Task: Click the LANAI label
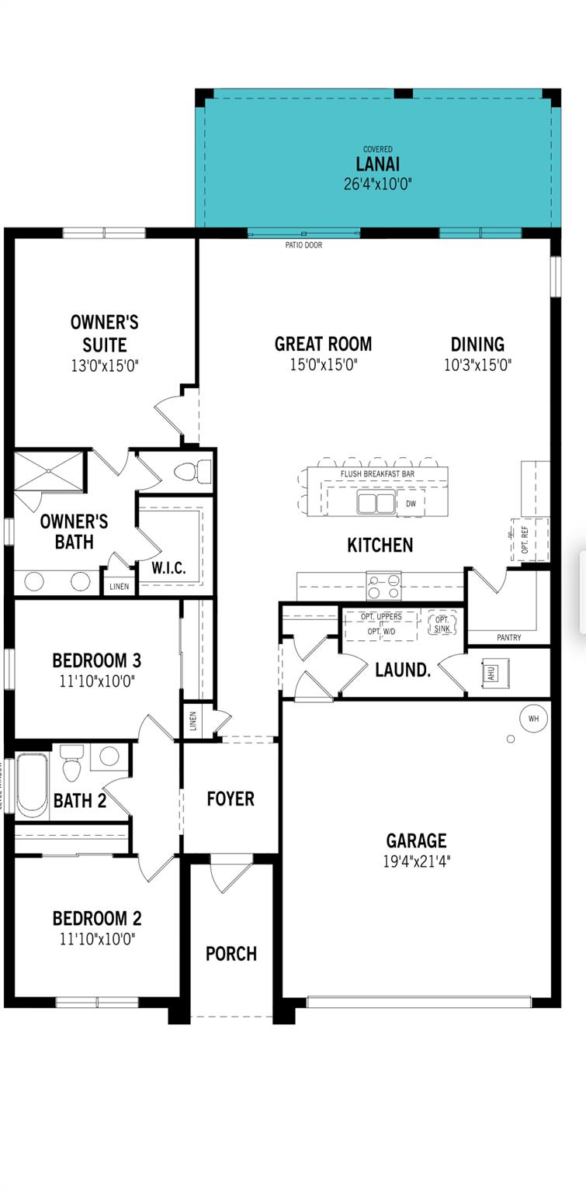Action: [378, 165]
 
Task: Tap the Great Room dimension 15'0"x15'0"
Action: [324, 365]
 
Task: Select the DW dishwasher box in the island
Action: [411, 504]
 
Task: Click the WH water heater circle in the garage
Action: [533, 719]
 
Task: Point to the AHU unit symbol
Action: [490, 672]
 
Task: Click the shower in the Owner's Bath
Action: [48, 470]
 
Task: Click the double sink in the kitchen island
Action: [376, 504]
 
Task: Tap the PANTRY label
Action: [508, 638]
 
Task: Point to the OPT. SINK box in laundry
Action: [442, 622]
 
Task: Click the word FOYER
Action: [231, 799]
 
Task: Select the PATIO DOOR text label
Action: [303, 245]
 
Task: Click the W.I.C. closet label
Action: [168, 567]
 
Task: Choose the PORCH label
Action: [231, 954]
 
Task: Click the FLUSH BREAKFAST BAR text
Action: [377, 473]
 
